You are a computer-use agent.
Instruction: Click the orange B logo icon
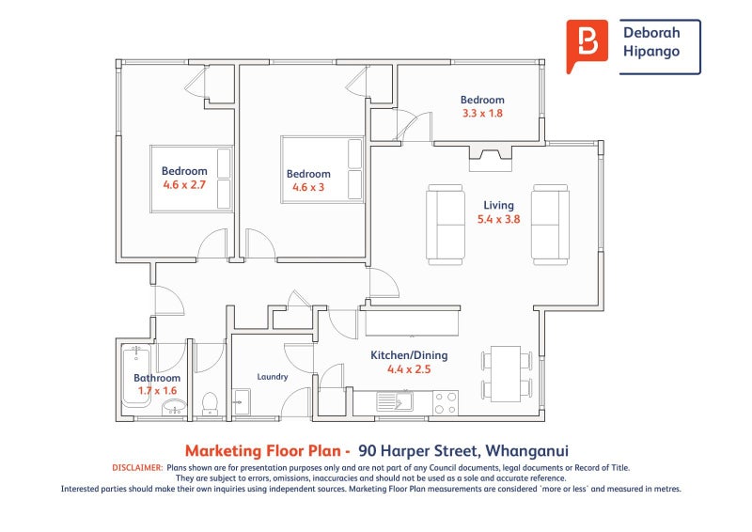click(x=587, y=45)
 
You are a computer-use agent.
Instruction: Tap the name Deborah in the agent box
click(x=651, y=33)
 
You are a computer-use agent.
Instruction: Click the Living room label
click(x=498, y=205)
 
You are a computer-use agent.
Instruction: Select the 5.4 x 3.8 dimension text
click(x=498, y=219)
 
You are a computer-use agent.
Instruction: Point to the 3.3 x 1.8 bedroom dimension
click(x=482, y=113)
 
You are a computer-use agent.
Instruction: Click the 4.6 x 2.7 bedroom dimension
click(x=184, y=184)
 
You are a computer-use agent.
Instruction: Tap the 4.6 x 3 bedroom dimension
click(x=308, y=187)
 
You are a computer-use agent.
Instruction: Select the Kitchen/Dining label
click(x=409, y=355)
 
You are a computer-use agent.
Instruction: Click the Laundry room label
click(x=273, y=377)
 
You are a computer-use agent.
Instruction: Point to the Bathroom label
click(x=157, y=378)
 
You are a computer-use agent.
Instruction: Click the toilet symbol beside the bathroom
click(x=210, y=403)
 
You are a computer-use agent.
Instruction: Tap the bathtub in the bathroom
click(x=136, y=376)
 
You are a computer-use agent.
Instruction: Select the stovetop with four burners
click(x=445, y=403)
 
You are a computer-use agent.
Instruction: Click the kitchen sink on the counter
click(x=394, y=401)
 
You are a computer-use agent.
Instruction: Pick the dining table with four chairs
click(x=507, y=374)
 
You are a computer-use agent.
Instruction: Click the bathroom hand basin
click(x=173, y=407)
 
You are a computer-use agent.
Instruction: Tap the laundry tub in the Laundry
click(x=241, y=402)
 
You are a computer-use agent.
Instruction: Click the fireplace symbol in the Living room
click(x=490, y=157)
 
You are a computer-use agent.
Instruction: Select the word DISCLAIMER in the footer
click(x=137, y=468)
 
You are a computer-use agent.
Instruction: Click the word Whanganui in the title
click(x=526, y=451)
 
